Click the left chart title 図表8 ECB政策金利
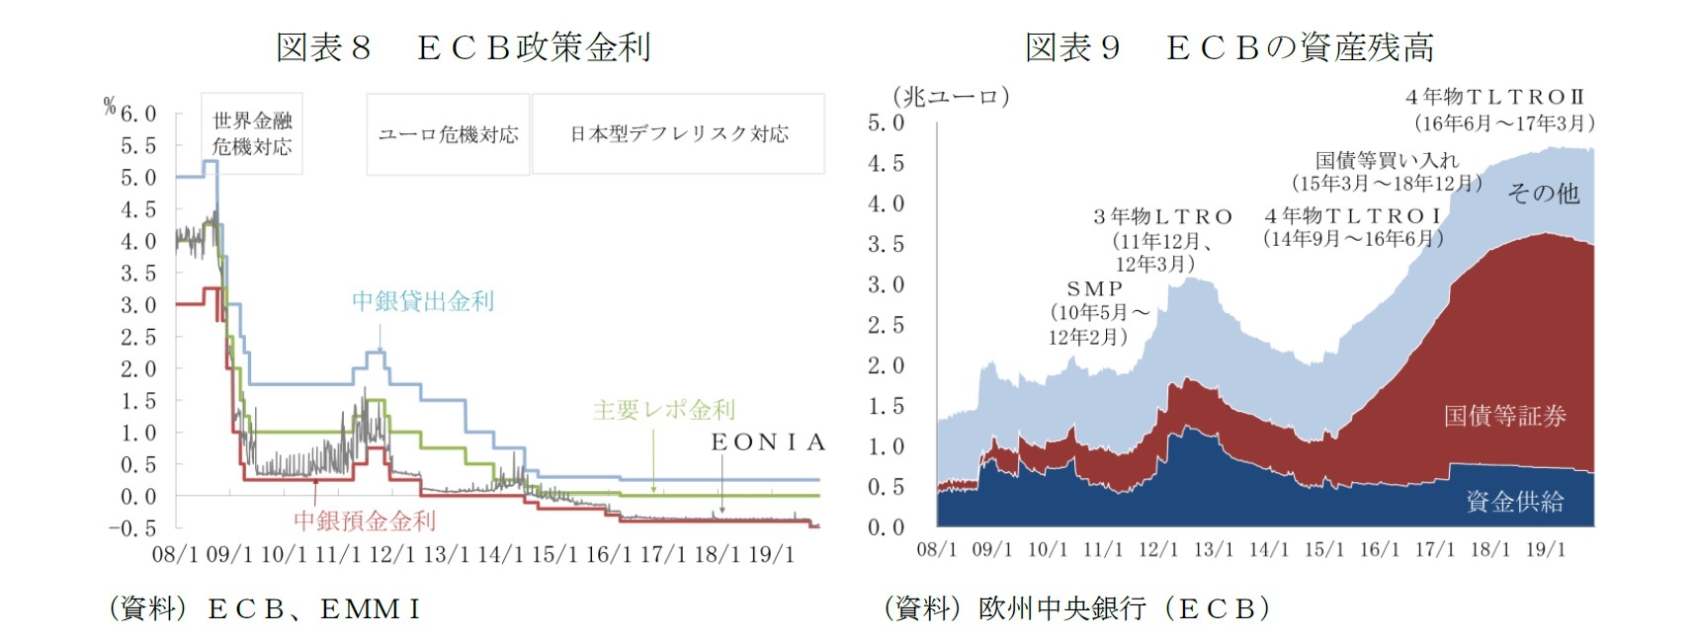point(463,47)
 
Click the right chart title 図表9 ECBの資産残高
point(1229,47)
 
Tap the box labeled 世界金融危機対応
point(252,134)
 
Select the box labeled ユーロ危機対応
point(448,134)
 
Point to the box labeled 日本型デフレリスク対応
point(678,134)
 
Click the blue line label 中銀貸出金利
point(423,301)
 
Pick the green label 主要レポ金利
point(663,410)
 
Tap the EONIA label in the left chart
point(767,442)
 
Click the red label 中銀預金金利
point(364,521)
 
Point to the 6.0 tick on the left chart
point(138,114)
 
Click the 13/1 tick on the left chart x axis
point(447,554)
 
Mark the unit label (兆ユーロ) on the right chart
point(951,97)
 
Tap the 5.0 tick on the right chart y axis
point(886,122)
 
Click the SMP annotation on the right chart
point(1095,288)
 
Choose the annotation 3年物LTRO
point(1162,216)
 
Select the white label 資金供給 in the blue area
point(1514,502)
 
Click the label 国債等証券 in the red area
point(1504,416)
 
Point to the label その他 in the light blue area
point(1543,194)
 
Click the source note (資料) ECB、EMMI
point(265,609)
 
